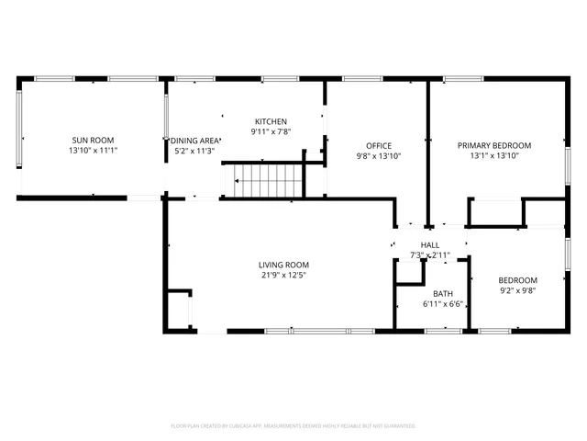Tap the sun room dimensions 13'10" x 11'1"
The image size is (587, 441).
point(92,152)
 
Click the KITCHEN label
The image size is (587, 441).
point(271,121)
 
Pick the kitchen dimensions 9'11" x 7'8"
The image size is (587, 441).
point(271,132)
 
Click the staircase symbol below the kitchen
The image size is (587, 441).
point(267,179)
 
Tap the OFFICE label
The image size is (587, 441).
point(379,145)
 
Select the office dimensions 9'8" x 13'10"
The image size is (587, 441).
point(379,156)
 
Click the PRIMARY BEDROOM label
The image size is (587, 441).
point(494,145)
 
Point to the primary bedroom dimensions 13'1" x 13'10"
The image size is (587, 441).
point(494,156)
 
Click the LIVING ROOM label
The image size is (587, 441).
point(282,265)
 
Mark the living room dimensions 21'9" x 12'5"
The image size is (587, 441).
point(282,275)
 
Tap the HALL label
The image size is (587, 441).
point(430,244)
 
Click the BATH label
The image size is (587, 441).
point(443,294)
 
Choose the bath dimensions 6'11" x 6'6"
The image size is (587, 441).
point(443,304)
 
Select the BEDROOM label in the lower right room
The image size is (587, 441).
point(517,280)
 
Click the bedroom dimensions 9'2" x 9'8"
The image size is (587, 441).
point(517,291)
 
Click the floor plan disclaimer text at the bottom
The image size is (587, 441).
point(293,426)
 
